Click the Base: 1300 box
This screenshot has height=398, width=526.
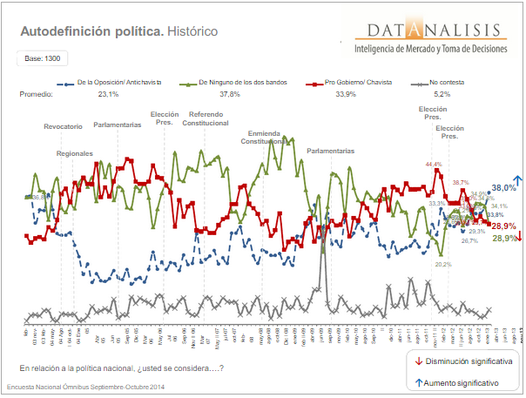(43, 58)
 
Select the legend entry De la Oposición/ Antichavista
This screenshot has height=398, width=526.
(114, 82)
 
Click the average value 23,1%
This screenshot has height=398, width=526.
(108, 93)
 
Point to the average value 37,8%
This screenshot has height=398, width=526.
(229, 93)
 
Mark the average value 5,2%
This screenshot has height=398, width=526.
(442, 93)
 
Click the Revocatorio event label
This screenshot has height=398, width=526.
(63, 126)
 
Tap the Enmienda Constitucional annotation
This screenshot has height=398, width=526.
(263, 136)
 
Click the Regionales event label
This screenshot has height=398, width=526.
(74, 152)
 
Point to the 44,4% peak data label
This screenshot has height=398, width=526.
(434, 163)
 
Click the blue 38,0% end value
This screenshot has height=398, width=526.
(502, 187)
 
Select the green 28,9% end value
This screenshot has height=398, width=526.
(503, 239)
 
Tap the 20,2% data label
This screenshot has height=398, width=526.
(442, 264)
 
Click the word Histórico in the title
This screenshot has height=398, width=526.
(192, 31)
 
